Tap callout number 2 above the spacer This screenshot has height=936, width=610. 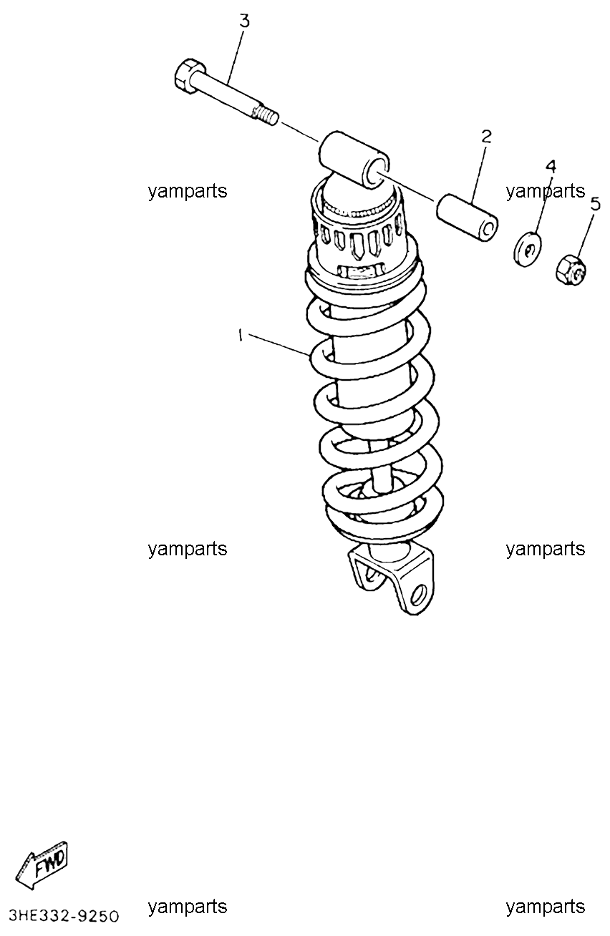pyautogui.click(x=486, y=137)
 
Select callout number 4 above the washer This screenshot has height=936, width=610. pyautogui.click(x=551, y=167)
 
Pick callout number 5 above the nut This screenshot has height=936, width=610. pyautogui.click(x=594, y=205)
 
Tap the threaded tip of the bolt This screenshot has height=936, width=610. pyautogui.click(x=267, y=115)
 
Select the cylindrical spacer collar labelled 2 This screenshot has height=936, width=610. pyautogui.click(x=467, y=218)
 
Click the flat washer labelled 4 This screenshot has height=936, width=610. pyautogui.click(x=527, y=249)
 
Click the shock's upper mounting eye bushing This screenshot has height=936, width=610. pyautogui.click(x=355, y=159)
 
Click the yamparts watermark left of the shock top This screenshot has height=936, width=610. pyautogui.click(x=188, y=191)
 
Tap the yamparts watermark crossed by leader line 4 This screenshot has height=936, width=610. pyautogui.click(x=545, y=191)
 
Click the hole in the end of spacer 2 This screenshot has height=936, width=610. pyautogui.click(x=488, y=230)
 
